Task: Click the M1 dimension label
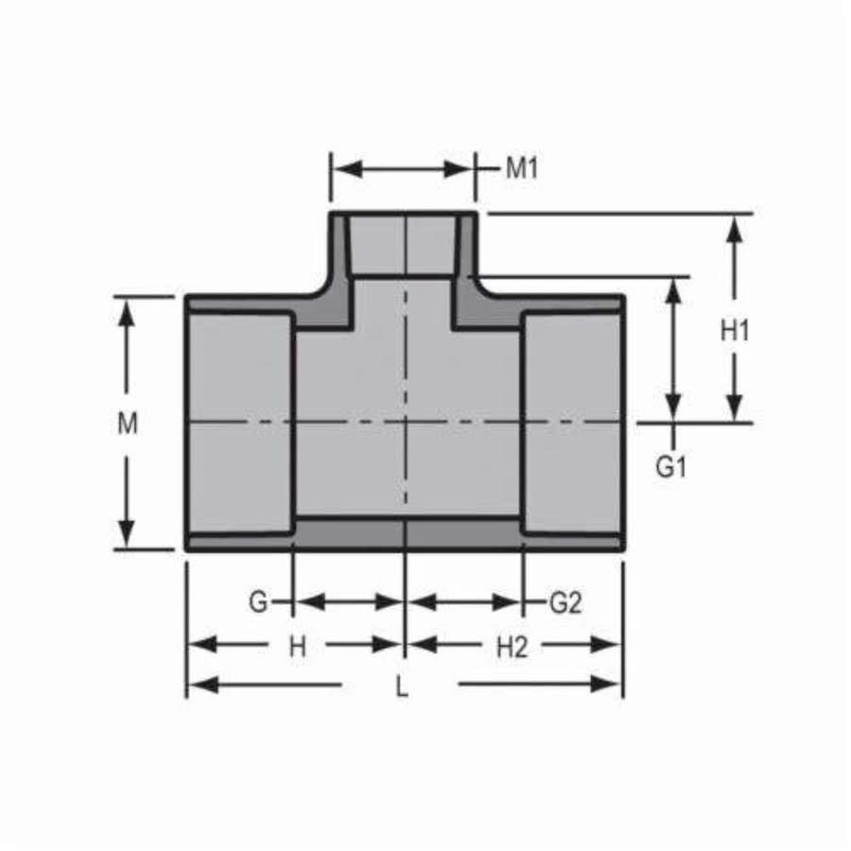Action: point(521,169)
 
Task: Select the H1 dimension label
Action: point(735,330)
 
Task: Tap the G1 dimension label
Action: point(670,467)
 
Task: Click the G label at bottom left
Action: point(258,602)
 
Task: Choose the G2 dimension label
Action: point(564,602)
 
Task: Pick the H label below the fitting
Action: point(298,647)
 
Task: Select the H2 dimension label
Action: point(512,647)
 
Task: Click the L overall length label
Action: point(402,687)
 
